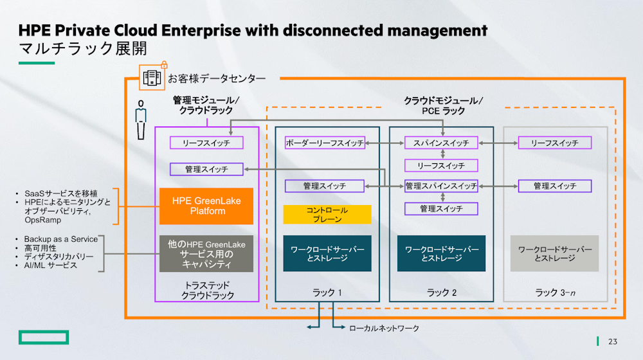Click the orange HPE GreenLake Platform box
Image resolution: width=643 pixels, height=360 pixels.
tap(206, 206)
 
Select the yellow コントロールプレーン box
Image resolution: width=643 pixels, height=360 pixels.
tap(327, 214)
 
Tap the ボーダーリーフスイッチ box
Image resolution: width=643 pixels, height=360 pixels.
tap(325, 143)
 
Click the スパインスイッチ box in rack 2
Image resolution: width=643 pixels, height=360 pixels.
tap(441, 143)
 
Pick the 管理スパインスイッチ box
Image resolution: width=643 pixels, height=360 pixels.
tap(441, 186)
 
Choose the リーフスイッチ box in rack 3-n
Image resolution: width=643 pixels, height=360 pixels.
tap(554, 143)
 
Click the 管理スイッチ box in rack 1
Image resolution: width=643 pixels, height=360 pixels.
tap(325, 186)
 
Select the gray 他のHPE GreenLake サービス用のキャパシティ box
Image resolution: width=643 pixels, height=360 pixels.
tap(206, 253)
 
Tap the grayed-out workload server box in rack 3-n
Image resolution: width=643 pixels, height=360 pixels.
tap(554, 253)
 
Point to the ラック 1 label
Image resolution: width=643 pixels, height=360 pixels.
tap(327, 292)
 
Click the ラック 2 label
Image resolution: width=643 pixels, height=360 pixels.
tap(441, 292)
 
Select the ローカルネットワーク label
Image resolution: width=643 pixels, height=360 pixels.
tap(384, 328)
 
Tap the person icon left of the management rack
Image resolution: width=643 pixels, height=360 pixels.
tap(140, 120)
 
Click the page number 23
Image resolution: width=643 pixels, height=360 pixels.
tap(612, 341)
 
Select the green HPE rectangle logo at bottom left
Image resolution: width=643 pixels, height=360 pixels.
tap(43, 337)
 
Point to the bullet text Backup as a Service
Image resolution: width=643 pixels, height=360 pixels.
tap(61, 239)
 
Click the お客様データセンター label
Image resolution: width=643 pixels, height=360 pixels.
tap(216, 78)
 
